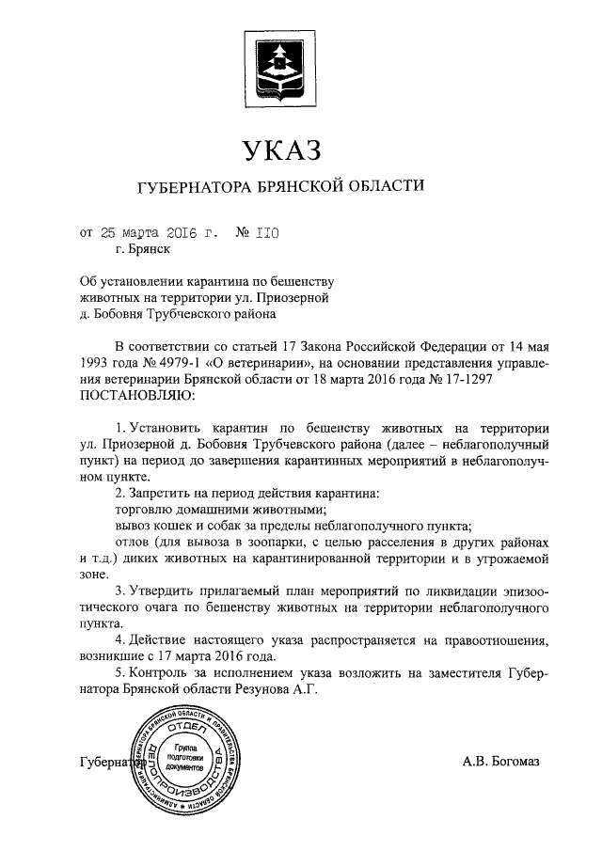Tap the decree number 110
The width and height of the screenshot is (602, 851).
pos(268,233)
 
